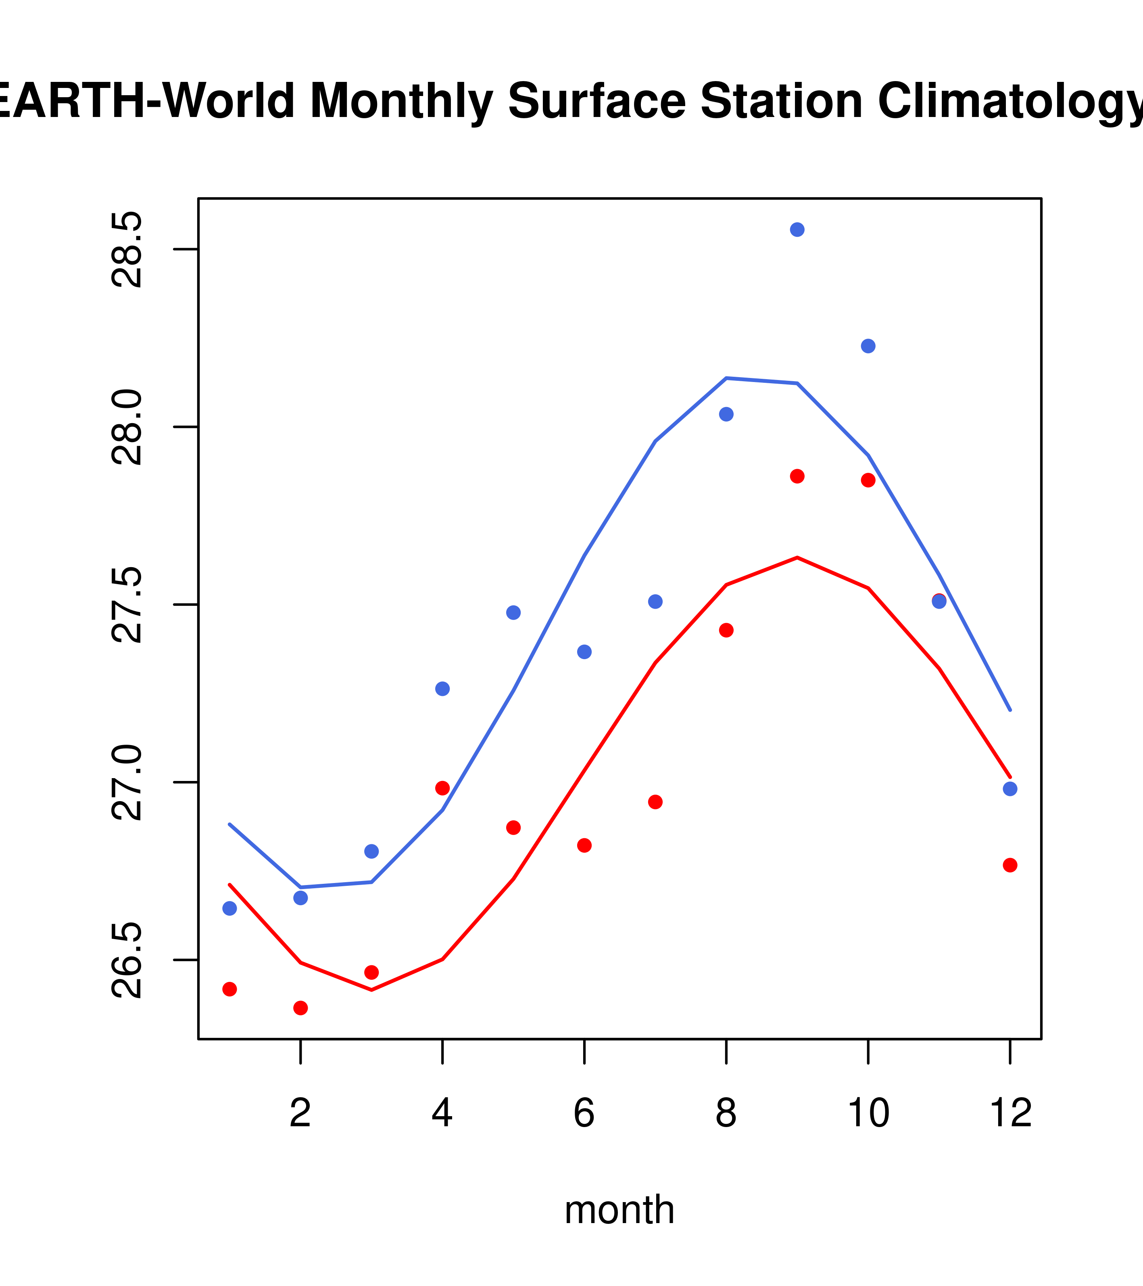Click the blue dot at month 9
(x=797, y=230)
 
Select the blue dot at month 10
(x=868, y=346)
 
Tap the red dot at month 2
(x=301, y=1008)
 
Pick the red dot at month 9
(x=797, y=476)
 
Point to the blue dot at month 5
(x=513, y=613)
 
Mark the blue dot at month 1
(x=229, y=908)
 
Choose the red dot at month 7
(x=655, y=802)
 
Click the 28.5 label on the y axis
(x=128, y=250)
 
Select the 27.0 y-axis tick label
(x=128, y=783)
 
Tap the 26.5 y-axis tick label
(x=128, y=960)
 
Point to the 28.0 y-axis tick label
(x=128, y=427)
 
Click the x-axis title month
(x=619, y=1210)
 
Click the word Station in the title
(x=781, y=101)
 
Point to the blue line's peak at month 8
(x=726, y=378)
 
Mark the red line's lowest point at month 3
(x=372, y=990)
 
